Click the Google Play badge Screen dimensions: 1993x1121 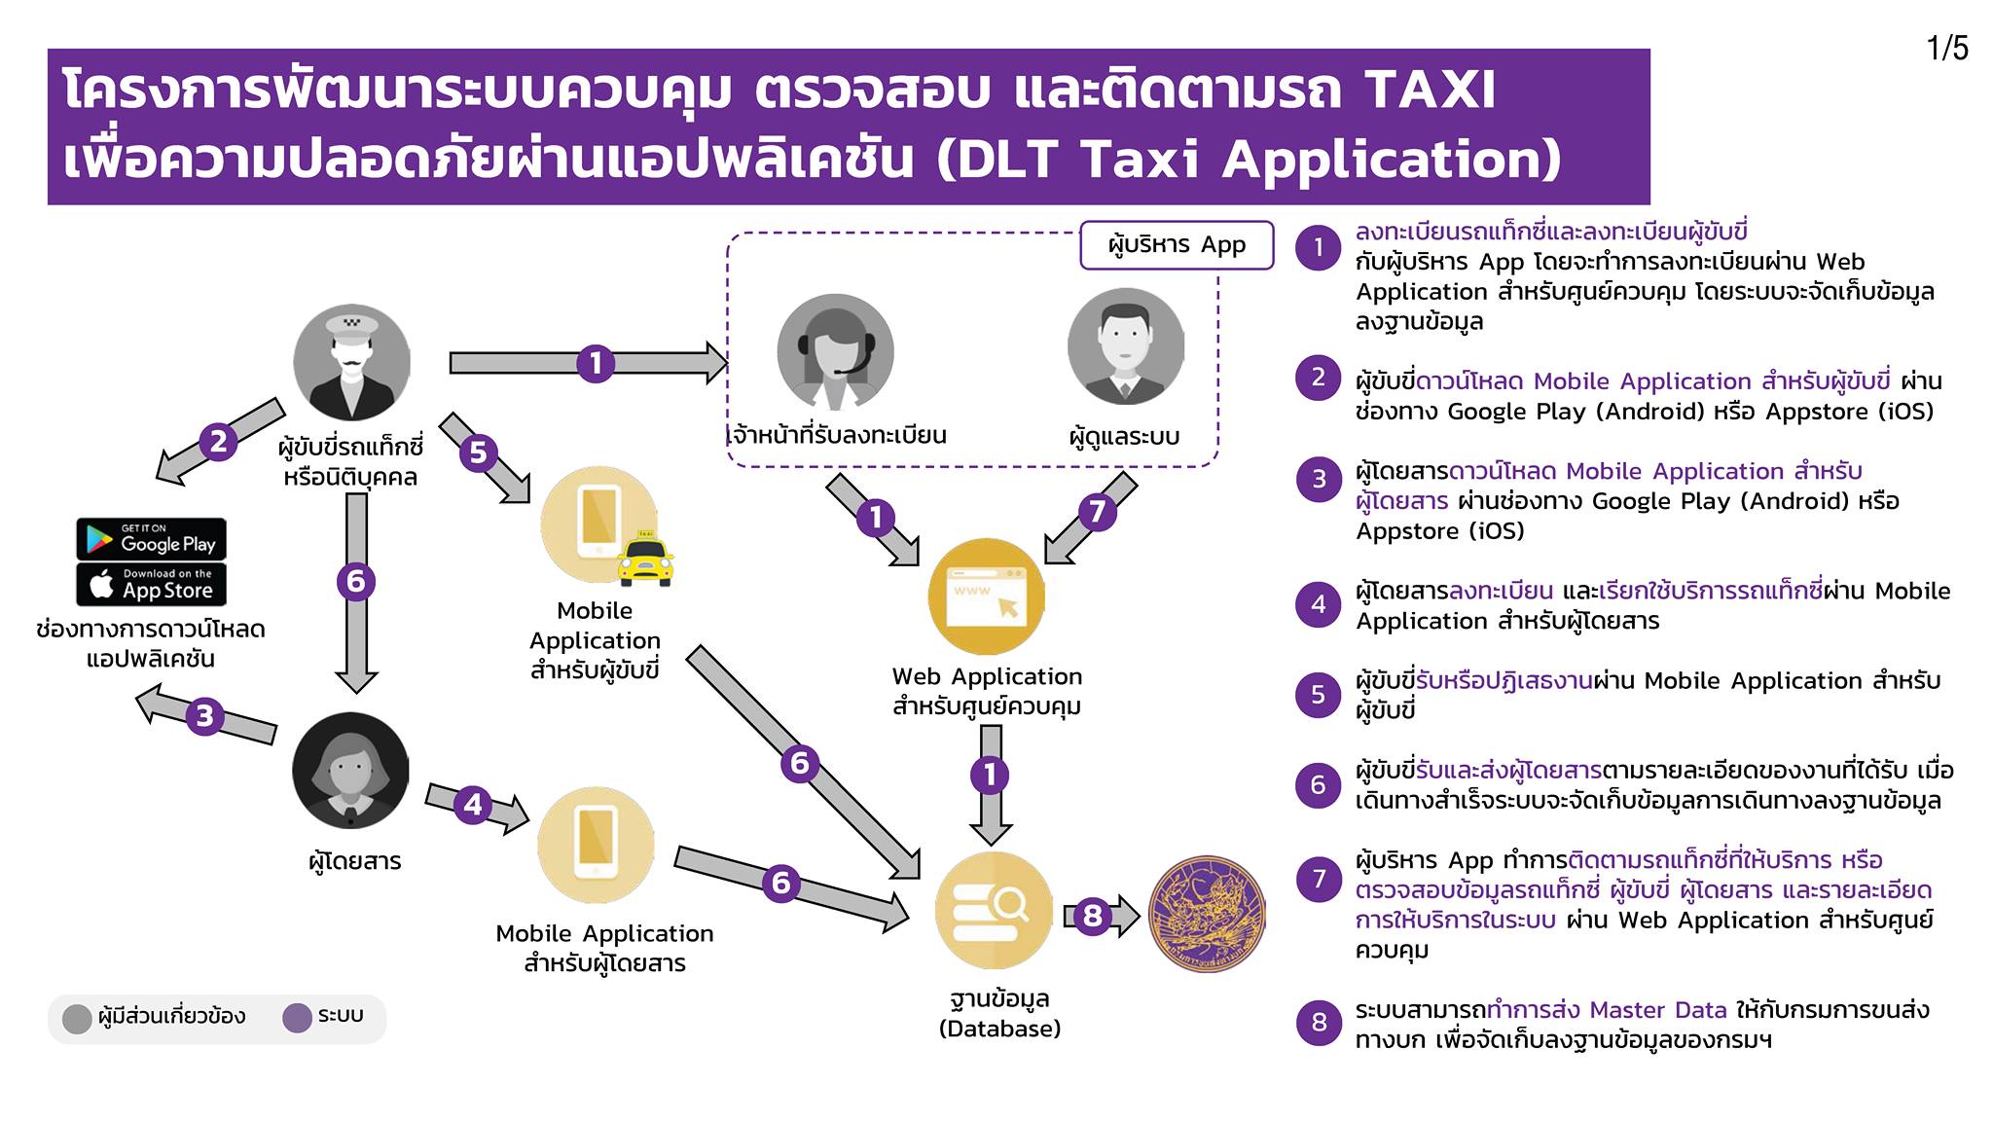pyautogui.click(x=151, y=539)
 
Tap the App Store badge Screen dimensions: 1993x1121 pyautogui.click(x=151, y=584)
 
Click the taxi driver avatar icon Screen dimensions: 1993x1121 pyautogui.click(x=351, y=363)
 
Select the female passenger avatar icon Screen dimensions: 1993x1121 pyautogui.click(x=350, y=771)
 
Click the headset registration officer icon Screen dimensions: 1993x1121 pyautogui.click(x=835, y=352)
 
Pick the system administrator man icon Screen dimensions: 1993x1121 pyautogui.click(x=1126, y=346)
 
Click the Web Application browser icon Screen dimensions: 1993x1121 pyautogui.click(x=986, y=597)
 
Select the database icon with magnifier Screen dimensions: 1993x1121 pyautogui.click(x=994, y=910)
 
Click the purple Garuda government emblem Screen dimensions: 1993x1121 pyautogui.click(x=1208, y=915)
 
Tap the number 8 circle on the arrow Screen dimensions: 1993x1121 pyautogui.click(x=1093, y=916)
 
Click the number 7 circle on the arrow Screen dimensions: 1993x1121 pyautogui.click(x=1097, y=511)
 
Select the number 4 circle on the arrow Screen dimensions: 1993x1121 pyautogui.click(x=473, y=805)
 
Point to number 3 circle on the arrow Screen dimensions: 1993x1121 pyautogui.click(x=204, y=716)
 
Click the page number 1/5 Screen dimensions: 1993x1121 pyautogui.click(x=1947, y=48)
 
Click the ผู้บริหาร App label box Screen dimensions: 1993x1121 pyautogui.click(x=1177, y=245)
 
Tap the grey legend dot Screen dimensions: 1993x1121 pyautogui.click(x=77, y=1019)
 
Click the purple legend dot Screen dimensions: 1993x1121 pyautogui.click(x=297, y=1018)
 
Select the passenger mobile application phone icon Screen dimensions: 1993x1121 pyautogui.click(x=596, y=845)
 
